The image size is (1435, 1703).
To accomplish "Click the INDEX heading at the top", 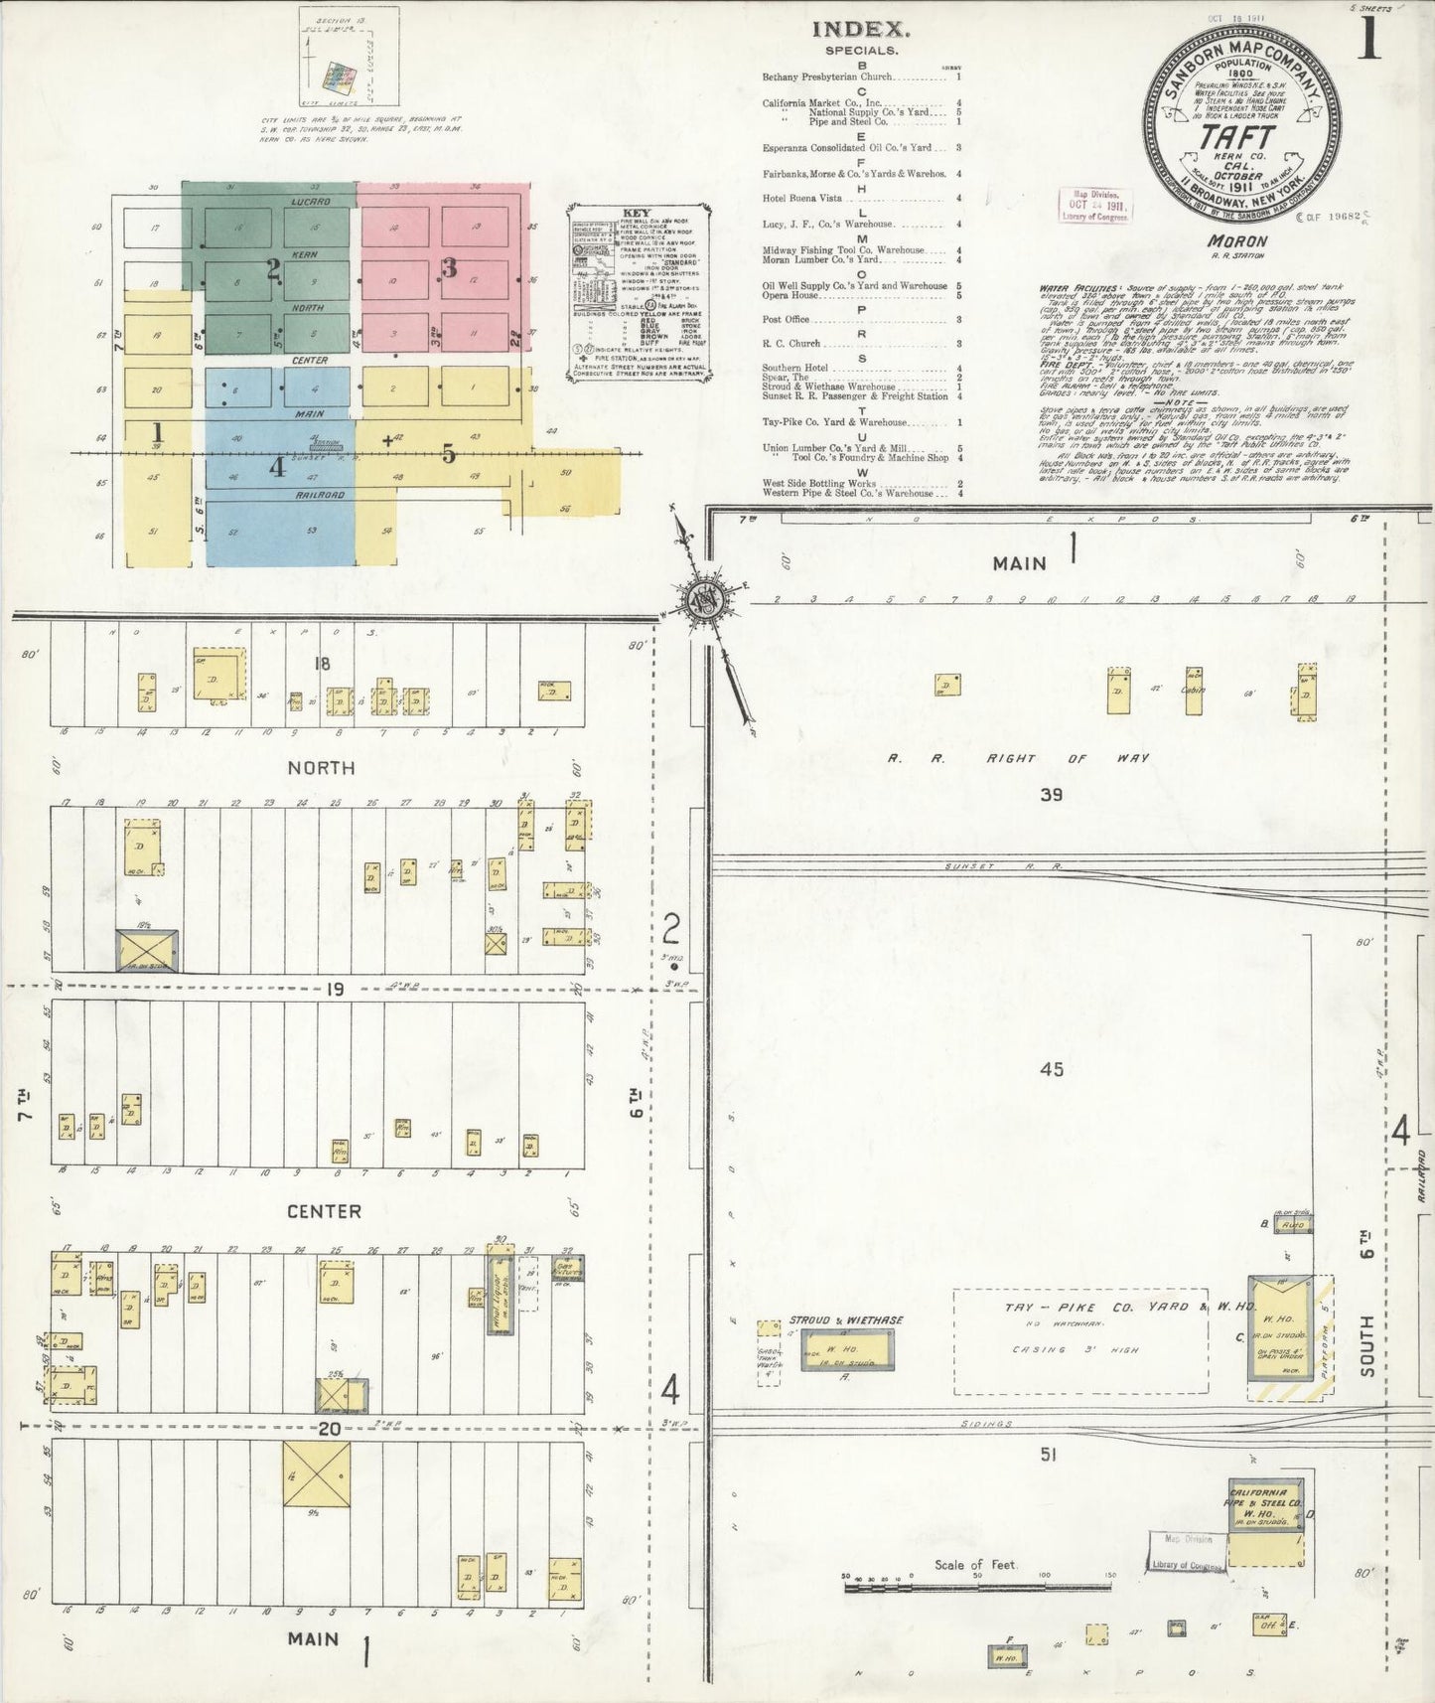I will (860, 30).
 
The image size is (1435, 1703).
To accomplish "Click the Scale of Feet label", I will (976, 1564).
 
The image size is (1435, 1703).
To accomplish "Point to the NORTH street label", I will (320, 768).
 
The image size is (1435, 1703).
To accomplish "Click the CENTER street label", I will (324, 1211).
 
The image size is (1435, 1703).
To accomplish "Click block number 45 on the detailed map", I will (1052, 1069).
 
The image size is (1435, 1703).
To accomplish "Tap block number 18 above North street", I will (321, 664).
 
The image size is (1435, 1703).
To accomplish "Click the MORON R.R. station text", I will (1236, 241).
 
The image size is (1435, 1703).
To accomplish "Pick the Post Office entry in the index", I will (786, 320).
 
